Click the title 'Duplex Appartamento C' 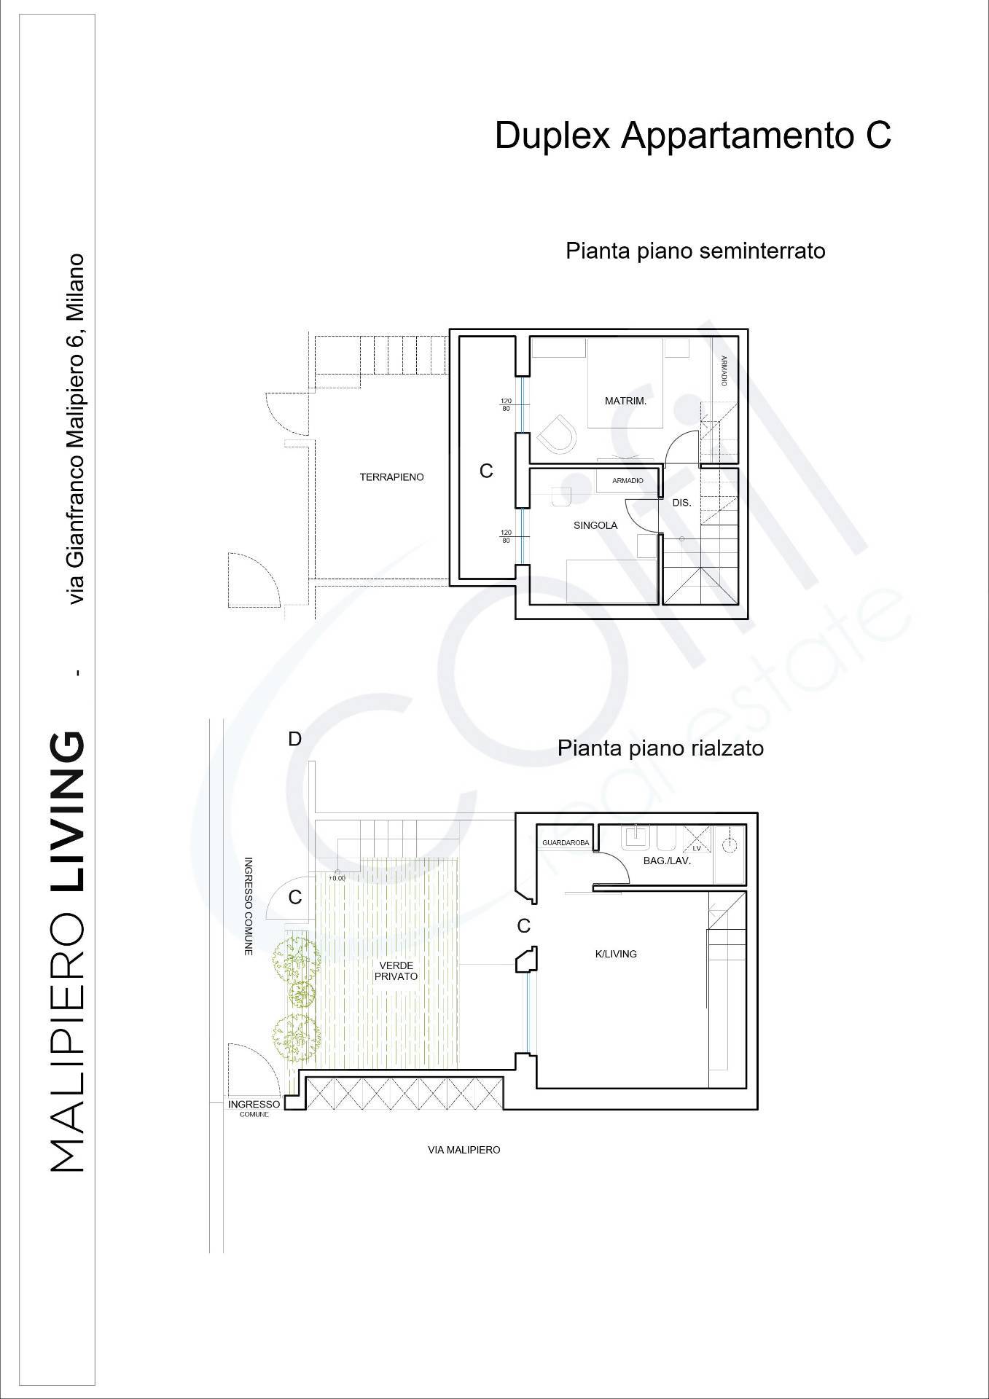(x=692, y=136)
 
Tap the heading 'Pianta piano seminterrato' (x=695, y=251)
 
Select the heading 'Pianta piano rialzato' (x=660, y=748)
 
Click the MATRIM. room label (x=625, y=401)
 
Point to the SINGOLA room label (x=595, y=525)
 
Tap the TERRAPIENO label (x=391, y=477)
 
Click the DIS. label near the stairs (x=681, y=503)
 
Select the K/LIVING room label (x=616, y=954)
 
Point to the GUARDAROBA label (x=566, y=843)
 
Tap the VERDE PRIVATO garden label (x=397, y=971)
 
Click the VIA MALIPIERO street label (x=464, y=1150)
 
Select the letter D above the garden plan (x=294, y=739)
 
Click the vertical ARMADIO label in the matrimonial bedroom (x=724, y=371)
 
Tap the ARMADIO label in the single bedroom (x=628, y=481)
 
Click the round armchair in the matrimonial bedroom (x=558, y=435)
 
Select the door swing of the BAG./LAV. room (x=611, y=867)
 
